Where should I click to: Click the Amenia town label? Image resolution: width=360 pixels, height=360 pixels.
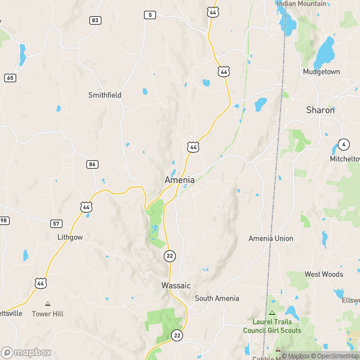click(x=179, y=180)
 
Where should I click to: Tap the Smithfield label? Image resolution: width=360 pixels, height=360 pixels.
click(x=105, y=95)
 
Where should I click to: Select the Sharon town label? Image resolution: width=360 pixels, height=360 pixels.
click(x=320, y=110)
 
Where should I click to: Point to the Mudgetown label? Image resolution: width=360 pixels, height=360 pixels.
click(x=321, y=72)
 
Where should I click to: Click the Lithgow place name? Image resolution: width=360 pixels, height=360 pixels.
click(x=70, y=237)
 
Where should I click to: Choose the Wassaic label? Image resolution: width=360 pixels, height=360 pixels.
click(x=176, y=286)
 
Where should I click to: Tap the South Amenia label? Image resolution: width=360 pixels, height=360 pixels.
click(x=217, y=298)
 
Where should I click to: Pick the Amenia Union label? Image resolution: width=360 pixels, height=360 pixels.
click(x=271, y=238)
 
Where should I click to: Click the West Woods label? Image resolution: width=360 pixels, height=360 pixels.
click(x=324, y=274)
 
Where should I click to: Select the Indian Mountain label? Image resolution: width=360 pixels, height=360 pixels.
click(x=301, y=4)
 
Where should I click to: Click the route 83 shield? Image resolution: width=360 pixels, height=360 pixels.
click(x=95, y=20)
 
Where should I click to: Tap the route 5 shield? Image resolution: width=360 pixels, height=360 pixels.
click(x=150, y=14)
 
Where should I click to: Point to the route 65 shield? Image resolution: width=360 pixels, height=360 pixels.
click(x=10, y=77)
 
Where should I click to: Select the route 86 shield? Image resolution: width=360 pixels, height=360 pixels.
click(x=92, y=164)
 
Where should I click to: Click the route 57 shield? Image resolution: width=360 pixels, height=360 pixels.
click(x=56, y=224)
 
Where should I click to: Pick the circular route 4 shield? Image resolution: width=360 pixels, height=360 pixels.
click(x=343, y=144)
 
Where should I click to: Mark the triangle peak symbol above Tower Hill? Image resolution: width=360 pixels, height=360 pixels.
click(x=48, y=304)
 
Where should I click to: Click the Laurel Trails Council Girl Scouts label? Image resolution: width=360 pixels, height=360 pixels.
click(x=271, y=326)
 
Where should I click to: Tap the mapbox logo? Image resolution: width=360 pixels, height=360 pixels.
click(x=25, y=352)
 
